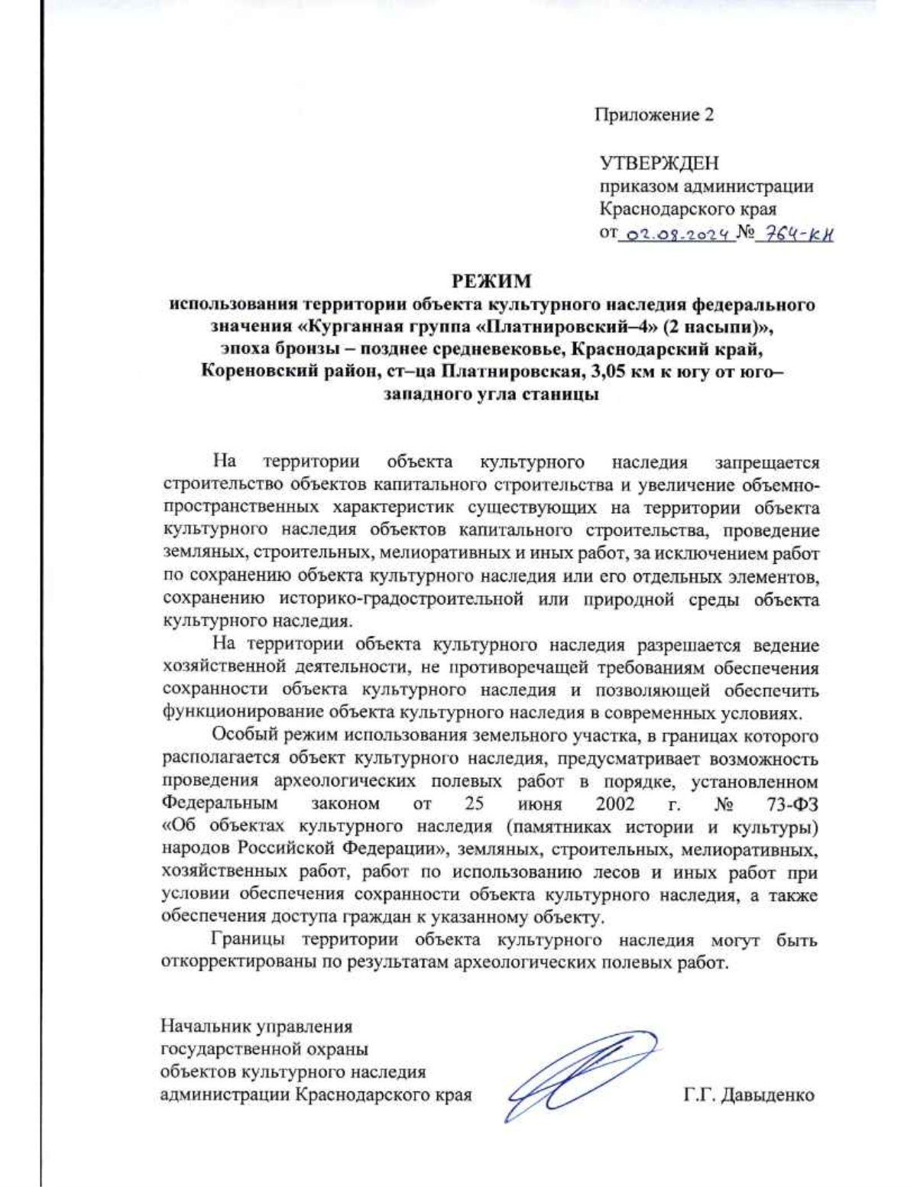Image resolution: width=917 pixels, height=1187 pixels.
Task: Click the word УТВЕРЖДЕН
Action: (x=659, y=164)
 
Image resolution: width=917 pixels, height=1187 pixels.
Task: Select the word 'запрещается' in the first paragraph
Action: (x=766, y=462)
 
